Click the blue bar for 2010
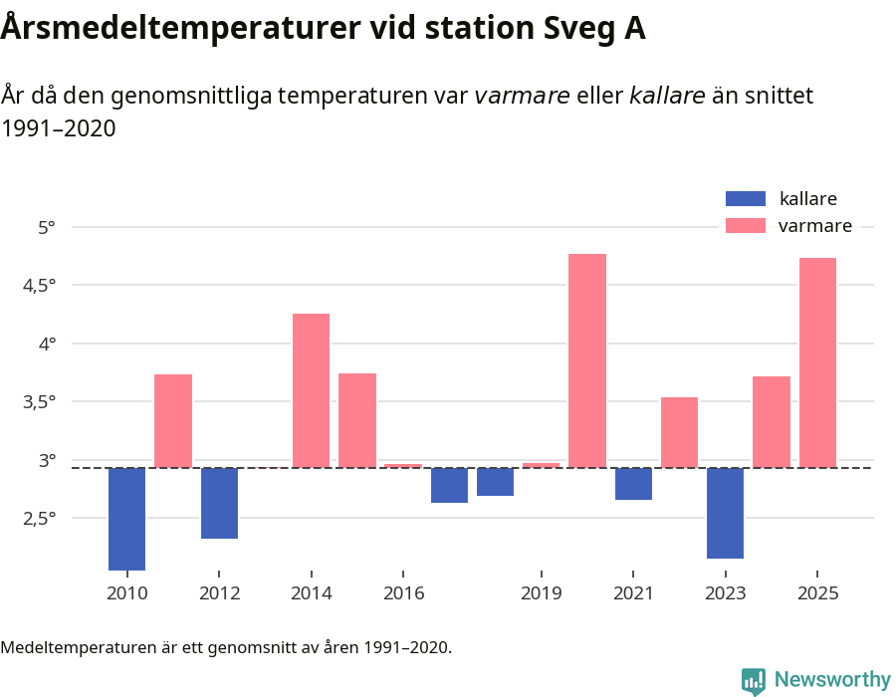coord(126,518)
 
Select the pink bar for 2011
coord(173,420)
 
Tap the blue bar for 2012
coord(219,503)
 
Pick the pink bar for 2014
coord(311,390)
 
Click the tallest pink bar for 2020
coord(587,360)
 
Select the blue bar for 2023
coord(726,513)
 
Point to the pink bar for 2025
coord(817,362)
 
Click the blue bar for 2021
coord(633,484)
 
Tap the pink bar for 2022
coord(679,432)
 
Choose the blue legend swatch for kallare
coord(746,198)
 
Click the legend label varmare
coord(814,226)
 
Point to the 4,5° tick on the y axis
coord(41,286)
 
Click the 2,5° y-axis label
coord(41,519)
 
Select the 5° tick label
coord(47,227)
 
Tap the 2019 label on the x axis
coord(541,593)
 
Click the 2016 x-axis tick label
coord(403,593)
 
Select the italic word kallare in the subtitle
coord(667,96)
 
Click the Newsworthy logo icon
coord(754,680)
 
